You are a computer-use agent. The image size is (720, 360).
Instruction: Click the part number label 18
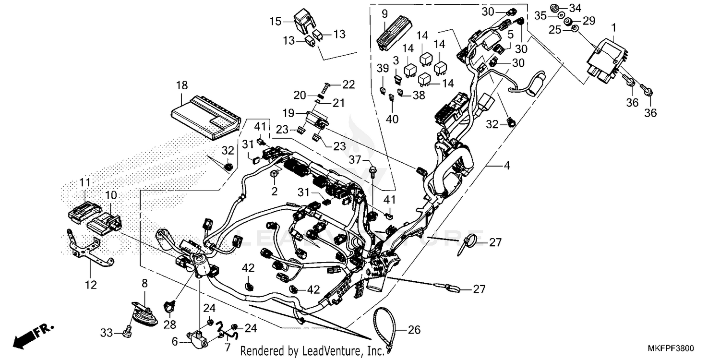[x=182, y=86]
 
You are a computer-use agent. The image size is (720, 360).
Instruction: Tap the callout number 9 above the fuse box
[x=384, y=14]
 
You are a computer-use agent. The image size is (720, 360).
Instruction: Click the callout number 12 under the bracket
[x=91, y=285]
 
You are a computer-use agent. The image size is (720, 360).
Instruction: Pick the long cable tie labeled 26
[x=384, y=326]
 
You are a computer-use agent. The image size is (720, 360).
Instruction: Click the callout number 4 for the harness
[x=506, y=166]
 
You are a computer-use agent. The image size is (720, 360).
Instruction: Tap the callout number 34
[x=588, y=8]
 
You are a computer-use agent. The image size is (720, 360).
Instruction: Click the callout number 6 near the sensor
[x=175, y=342]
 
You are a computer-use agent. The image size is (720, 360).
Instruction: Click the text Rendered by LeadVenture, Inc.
[x=312, y=351]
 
